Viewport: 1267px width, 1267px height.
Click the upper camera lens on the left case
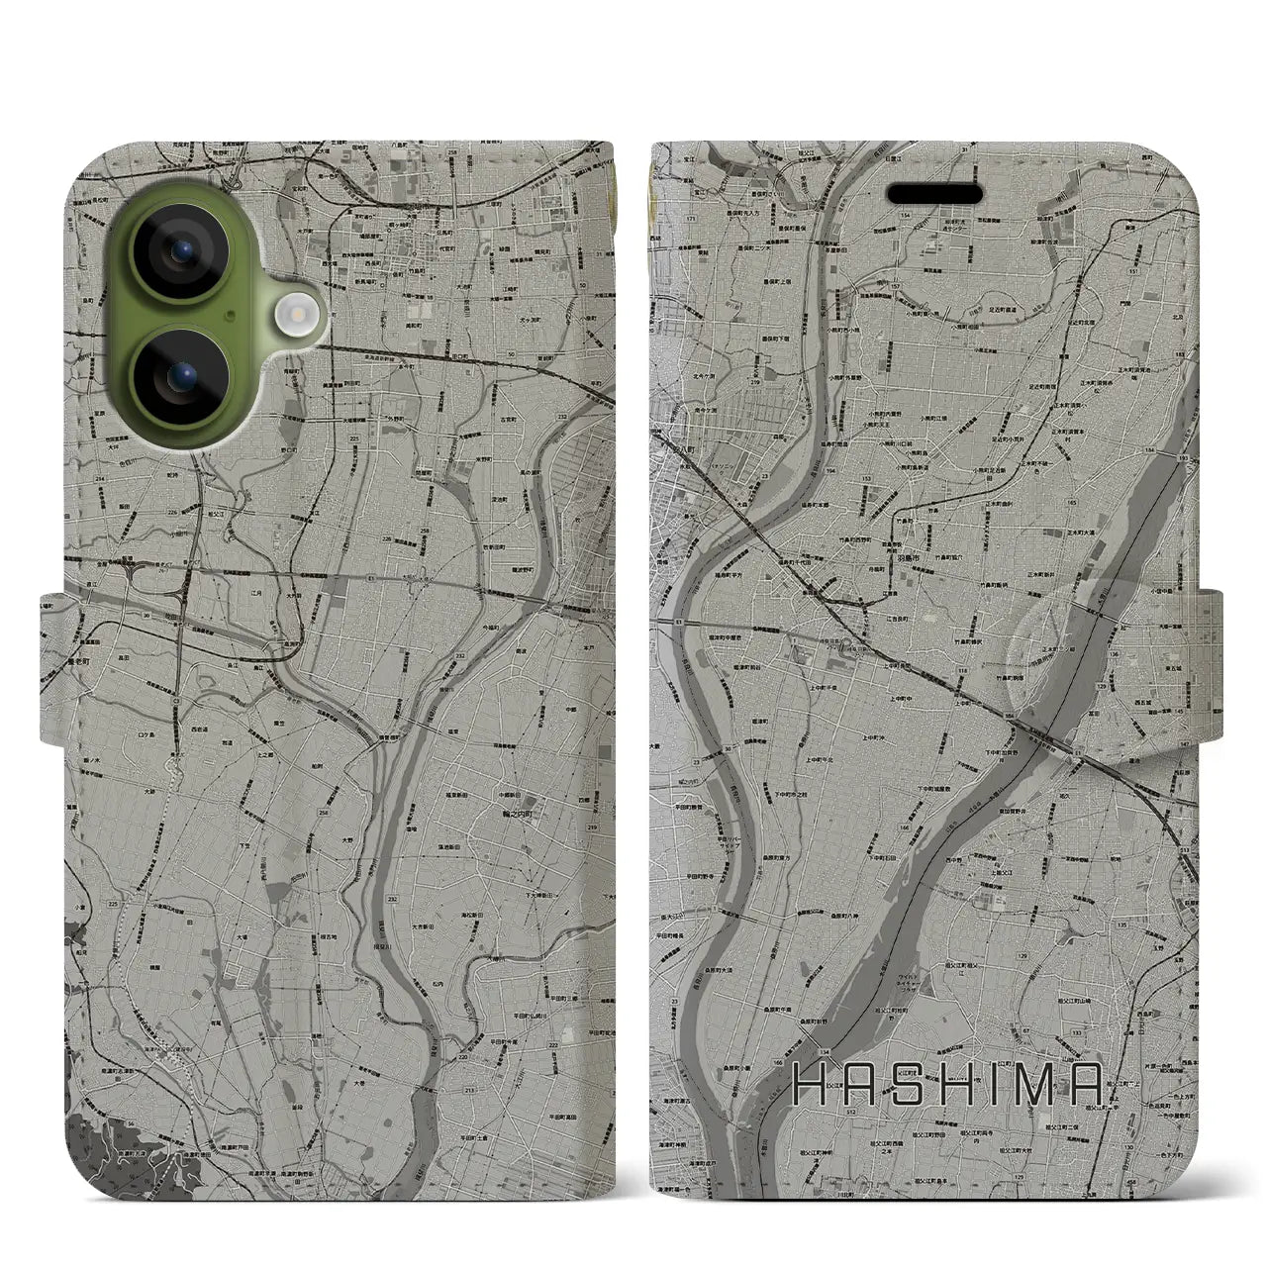tap(178, 253)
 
